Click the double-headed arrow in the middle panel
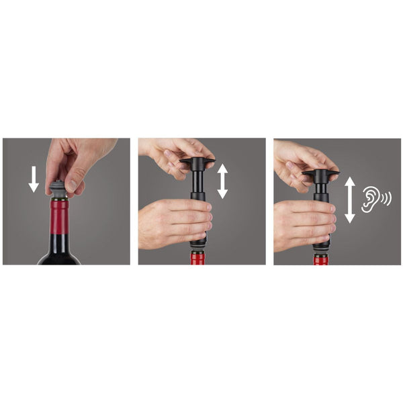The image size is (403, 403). point(222,181)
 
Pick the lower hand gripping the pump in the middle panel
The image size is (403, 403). point(171,222)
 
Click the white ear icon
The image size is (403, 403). point(369,199)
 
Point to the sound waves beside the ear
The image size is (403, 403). point(385,199)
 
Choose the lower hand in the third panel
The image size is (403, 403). point(302,225)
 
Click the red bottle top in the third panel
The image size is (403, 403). point(320,260)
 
